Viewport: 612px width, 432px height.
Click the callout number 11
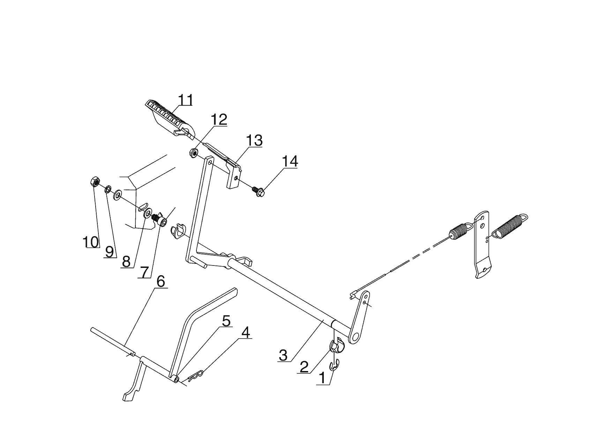pos(185,100)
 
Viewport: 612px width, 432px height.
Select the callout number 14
pos(290,162)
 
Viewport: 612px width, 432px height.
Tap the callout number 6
pos(161,281)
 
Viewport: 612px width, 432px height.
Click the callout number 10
pos(91,241)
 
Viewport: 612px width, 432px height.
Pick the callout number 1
pos(323,378)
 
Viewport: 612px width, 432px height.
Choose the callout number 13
pos(254,141)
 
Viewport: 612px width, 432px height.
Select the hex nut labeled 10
pos(95,182)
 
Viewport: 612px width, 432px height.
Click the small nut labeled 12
pos(193,152)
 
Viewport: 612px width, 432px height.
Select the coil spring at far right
pos(509,226)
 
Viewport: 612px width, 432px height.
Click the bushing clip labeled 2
pos(336,346)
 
